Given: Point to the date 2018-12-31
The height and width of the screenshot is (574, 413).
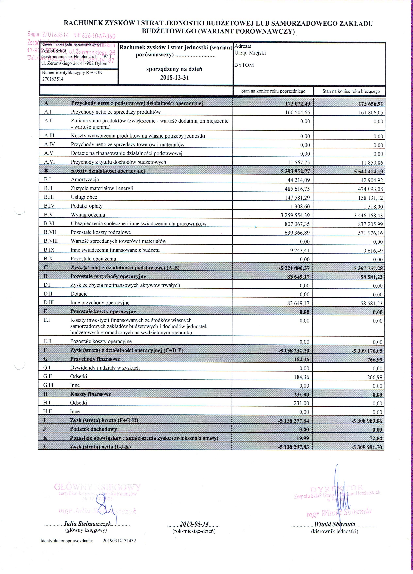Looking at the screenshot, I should click(x=174, y=77).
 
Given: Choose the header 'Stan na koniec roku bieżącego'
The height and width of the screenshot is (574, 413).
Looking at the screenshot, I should click(x=351, y=91).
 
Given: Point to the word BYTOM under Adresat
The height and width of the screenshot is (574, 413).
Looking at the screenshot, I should click(x=244, y=65).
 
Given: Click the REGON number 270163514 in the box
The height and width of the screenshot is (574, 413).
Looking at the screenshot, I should click(x=53, y=79).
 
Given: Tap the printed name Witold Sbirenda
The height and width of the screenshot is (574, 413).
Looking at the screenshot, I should click(x=335, y=524).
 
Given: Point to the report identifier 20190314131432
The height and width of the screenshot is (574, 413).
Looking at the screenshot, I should click(x=119, y=541).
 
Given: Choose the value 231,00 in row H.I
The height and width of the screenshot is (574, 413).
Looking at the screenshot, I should click(x=301, y=403).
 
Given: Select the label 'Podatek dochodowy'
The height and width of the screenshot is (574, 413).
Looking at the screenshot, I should click(x=94, y=429).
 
